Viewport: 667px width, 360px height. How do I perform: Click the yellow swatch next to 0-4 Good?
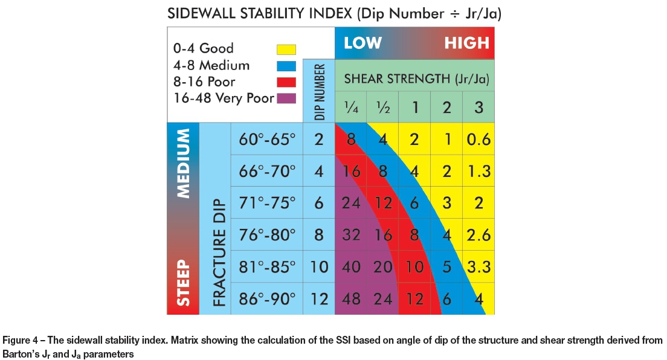[286, 49]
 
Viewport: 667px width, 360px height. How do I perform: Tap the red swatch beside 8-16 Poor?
[286, 82]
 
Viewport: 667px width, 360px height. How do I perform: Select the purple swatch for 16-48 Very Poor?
[286, 98]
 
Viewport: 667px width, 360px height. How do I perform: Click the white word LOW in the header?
[362, 43]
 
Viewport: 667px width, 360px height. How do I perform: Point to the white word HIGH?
[466, 43]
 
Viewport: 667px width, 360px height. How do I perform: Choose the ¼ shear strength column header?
[351, 108]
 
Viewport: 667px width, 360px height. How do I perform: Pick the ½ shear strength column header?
[382, 108]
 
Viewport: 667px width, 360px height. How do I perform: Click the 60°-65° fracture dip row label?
[266, 140]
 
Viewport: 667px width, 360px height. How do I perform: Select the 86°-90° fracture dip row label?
[266, 298]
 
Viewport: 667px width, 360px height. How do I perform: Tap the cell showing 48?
[351, 298]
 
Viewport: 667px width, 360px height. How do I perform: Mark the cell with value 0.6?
[478, 140]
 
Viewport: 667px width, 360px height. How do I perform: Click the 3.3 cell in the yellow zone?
[478, 266]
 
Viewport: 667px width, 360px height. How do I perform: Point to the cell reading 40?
[351, 266]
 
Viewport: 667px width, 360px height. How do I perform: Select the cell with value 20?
[382, 266]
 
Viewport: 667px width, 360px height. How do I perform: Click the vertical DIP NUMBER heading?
[319, 91]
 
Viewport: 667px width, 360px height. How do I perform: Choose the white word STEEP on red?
[182, 283]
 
